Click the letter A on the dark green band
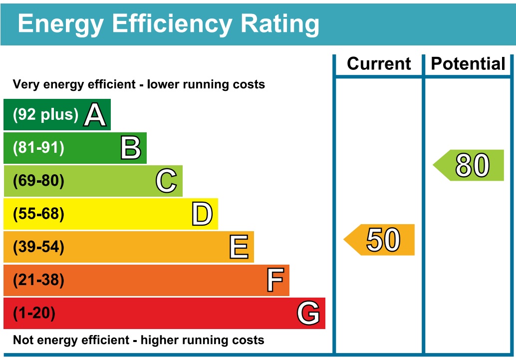95,115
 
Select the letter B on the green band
131,148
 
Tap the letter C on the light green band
166,181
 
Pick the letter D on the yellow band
202,214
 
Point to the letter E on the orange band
239,247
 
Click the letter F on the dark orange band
275,280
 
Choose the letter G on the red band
308,314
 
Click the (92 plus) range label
46,115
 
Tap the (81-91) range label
39,148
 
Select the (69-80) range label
39,181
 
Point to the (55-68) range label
39,214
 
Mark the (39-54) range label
39,247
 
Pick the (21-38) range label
39,280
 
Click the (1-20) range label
34,314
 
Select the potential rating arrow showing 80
470,165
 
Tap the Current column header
379,64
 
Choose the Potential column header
468,64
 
